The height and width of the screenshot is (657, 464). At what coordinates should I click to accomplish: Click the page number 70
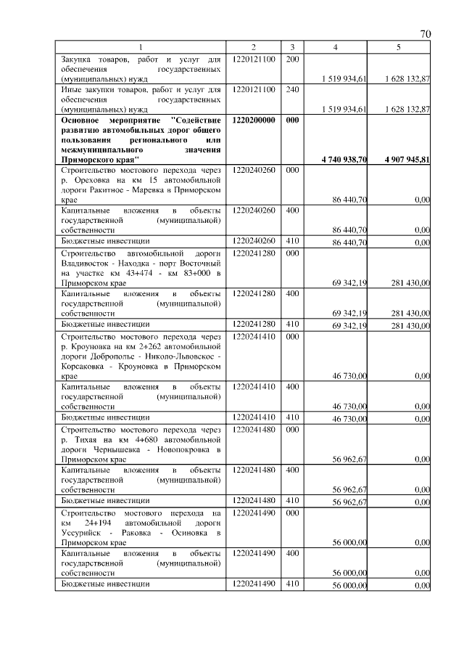coord(425,33)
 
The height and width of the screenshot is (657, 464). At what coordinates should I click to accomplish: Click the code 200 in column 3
coord(292,58)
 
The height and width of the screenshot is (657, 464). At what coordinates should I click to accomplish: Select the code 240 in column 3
coord(292,89)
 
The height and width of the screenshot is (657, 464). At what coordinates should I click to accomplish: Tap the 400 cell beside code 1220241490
coord(292,553)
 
